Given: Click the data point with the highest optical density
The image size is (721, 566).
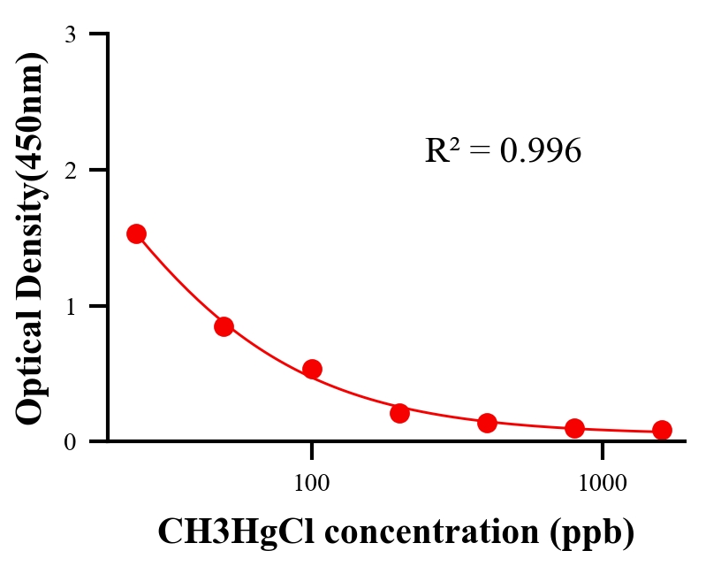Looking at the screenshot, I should (x=136, y=233).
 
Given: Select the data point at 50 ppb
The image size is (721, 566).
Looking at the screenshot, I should (x=224, y=326).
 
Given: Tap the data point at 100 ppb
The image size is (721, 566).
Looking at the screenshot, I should (x=312, y=369).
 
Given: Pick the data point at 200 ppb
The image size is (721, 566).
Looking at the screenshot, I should (x=399, y=413).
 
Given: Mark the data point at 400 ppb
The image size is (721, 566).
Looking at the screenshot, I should (x=487, y=423).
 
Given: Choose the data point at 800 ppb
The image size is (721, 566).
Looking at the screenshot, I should (x=575, y=428).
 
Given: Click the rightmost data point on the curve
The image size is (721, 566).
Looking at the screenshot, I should (x=662, y=430).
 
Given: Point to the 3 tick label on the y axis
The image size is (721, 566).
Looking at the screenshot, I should (x=70, y=34).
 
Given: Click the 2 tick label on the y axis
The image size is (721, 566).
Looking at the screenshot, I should (x=70, y=170).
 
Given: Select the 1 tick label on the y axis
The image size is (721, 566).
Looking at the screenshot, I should (x=70, y=306).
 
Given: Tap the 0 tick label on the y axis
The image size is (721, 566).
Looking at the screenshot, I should (x=70, y=441).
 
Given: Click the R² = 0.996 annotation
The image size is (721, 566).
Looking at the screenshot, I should (x=503, y=151).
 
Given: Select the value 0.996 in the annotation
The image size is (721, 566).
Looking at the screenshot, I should (x=540, y=152).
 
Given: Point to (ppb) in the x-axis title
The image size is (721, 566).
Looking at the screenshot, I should (x=591, y=533).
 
